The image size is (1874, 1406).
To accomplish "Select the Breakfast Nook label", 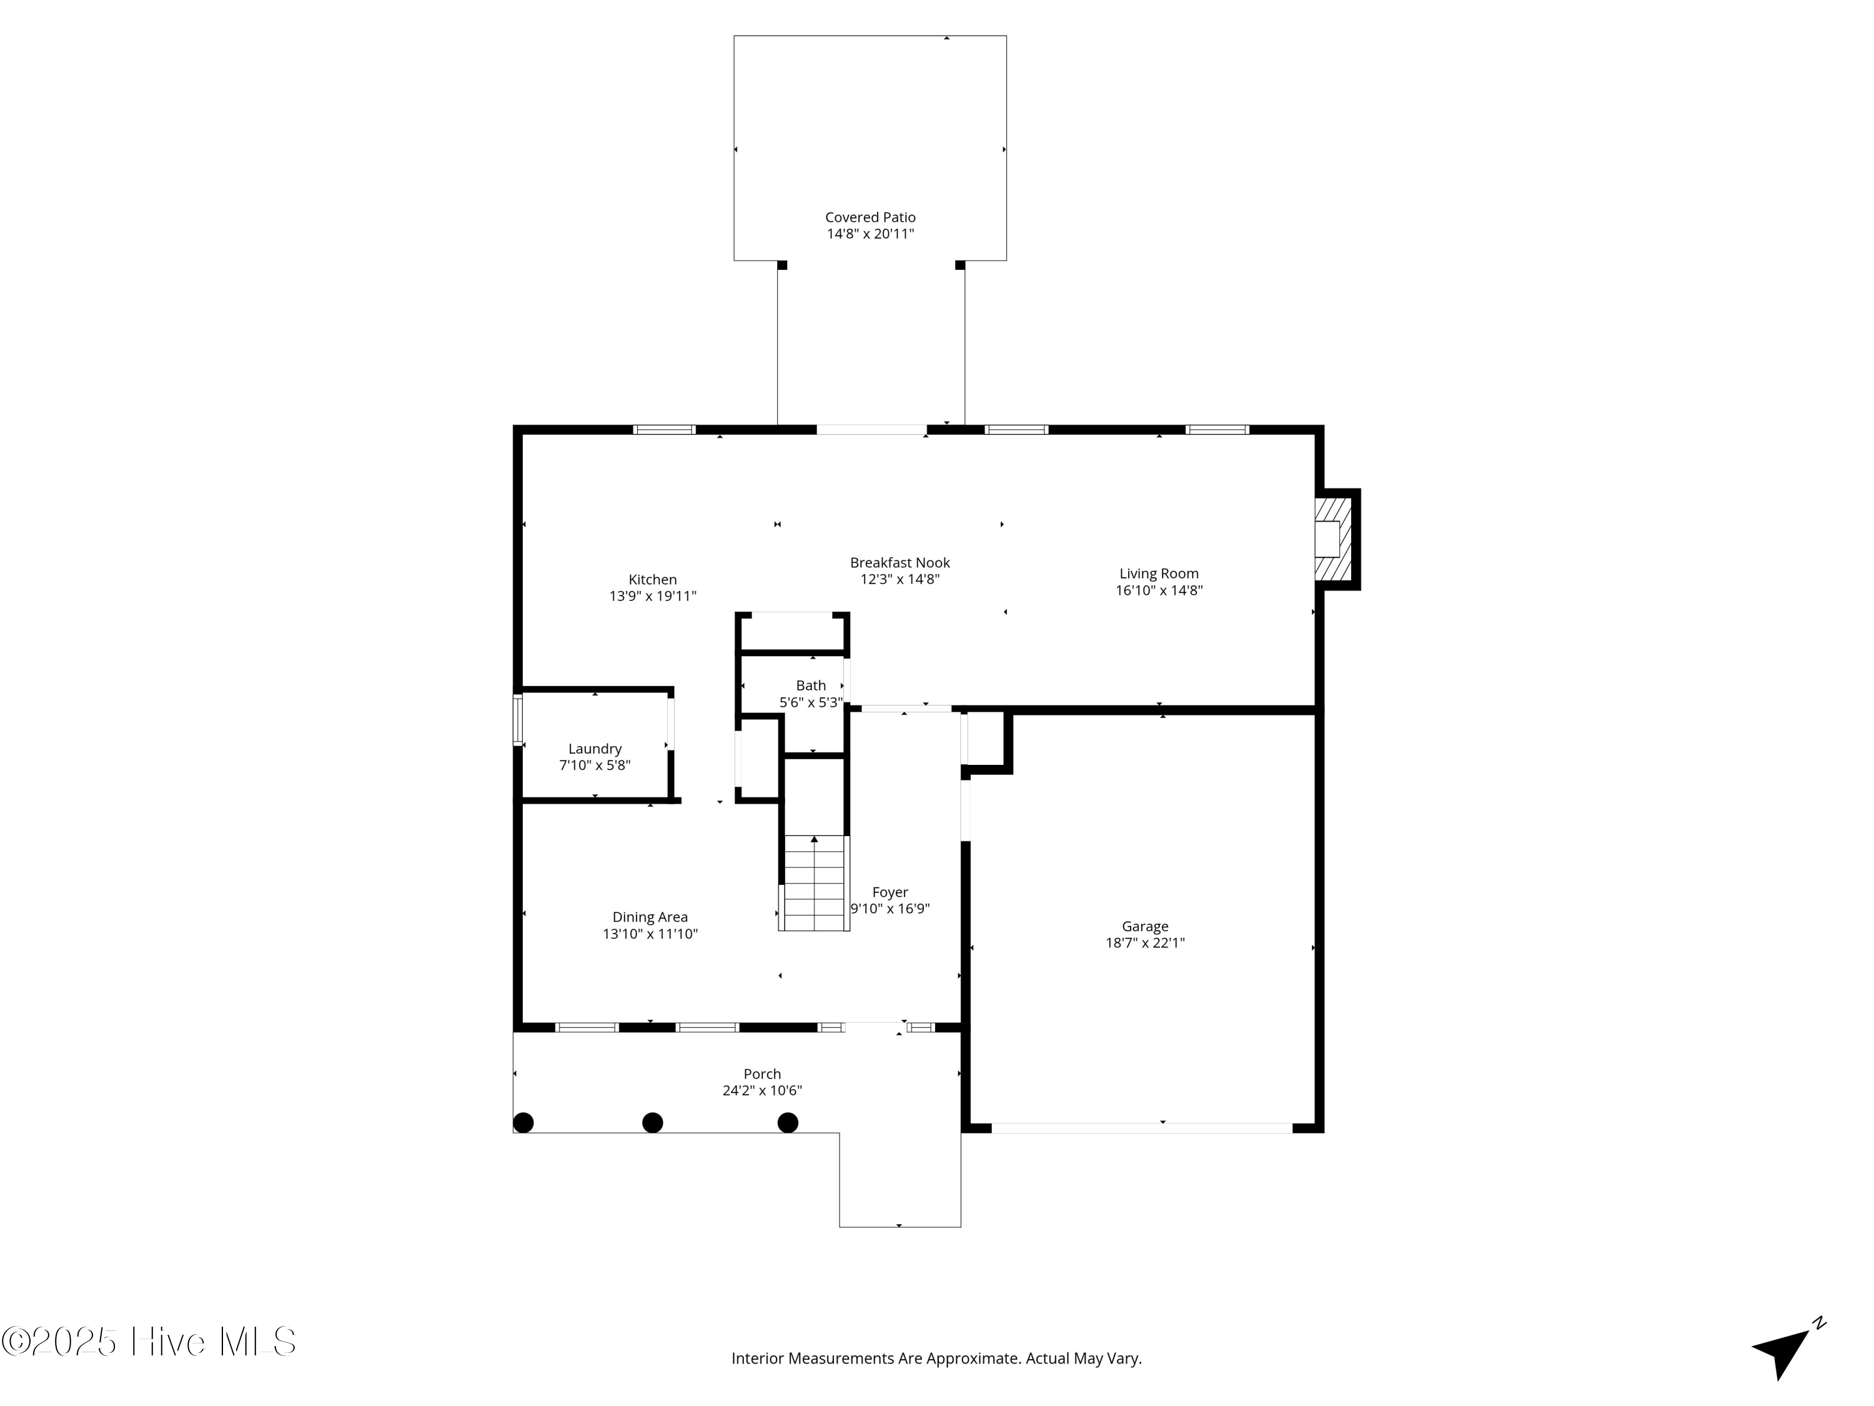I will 900,563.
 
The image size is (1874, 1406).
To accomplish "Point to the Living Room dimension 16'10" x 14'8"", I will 1159,591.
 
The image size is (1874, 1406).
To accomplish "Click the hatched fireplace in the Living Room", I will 1332,539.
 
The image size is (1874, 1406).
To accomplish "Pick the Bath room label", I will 811,686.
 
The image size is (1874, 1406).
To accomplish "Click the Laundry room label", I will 595,749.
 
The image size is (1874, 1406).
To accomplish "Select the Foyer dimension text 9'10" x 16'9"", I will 890,909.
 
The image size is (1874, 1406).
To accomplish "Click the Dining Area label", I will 650,917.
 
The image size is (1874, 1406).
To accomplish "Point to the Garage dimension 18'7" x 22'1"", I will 1144,943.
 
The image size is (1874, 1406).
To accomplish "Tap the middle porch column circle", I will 652,1123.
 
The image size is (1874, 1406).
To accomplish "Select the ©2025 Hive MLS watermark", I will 149,1342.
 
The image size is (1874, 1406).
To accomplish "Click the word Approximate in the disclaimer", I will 973,1359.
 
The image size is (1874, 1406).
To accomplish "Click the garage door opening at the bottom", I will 1142,1128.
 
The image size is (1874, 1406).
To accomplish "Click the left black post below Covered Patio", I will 782,266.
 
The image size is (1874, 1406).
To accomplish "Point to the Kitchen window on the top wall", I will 665,430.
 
